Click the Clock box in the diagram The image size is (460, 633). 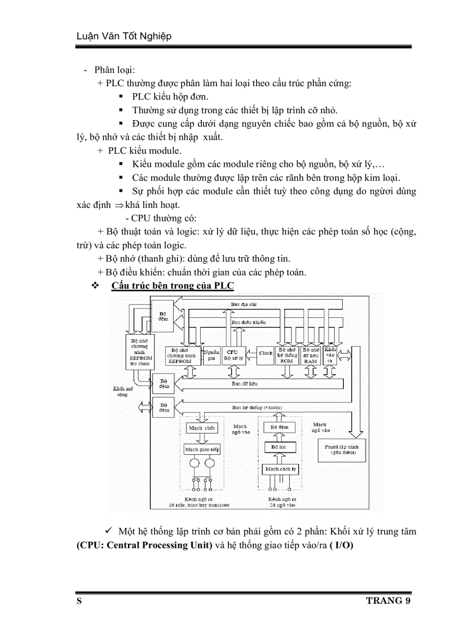point(266,353)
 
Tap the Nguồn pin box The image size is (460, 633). point(211,354)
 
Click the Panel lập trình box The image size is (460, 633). point(337,449)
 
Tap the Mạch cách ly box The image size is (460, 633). point(280,469)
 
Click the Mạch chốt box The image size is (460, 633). point(202,428)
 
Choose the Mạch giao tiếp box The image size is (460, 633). point(202,449)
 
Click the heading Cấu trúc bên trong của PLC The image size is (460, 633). point(172,286)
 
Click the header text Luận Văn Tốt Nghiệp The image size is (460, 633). point(123,37)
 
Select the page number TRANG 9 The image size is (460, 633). point(388,600)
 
